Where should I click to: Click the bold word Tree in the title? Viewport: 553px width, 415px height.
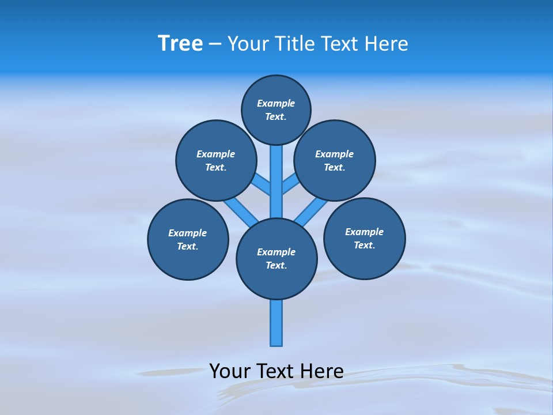tap(180, 44)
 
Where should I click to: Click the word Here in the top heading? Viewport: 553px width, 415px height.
tap(387, 44)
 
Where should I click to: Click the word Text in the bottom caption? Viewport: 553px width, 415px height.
tap(276, 371)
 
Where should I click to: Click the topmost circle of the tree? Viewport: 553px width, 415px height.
tap(276, 110)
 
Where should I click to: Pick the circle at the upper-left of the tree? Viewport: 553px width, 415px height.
tap(216, 161)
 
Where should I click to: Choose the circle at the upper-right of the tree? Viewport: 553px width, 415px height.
tap(335, 161)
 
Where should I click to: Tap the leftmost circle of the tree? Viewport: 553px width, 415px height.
tap(188, 240)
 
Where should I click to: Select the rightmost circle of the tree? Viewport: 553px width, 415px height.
tap(364, 239)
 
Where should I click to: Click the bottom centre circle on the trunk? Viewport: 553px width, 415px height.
tap(276, 259)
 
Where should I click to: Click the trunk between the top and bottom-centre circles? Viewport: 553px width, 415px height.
tap(276, 182)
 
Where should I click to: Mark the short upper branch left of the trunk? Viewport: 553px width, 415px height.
tap(262, 184)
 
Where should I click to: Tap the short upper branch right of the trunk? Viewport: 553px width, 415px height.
tap(290, 184)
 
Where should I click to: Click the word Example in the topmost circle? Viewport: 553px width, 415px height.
tap(276, 104)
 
